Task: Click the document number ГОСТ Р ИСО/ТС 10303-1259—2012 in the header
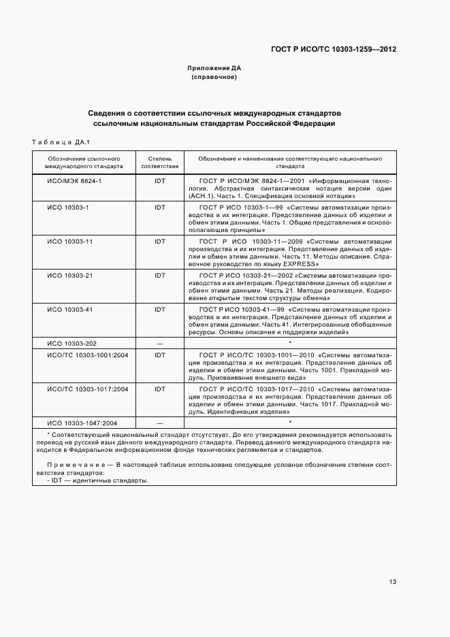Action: tap(333, 49)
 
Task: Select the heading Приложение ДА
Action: tap(214, 68)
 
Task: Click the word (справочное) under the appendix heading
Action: tap(214, 77)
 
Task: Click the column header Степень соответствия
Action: tap(160, 161)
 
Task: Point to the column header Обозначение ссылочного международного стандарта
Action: tap(84, 161)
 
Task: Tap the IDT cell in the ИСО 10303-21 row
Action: tap(160, 275)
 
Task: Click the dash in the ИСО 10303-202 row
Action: tap(160, 344)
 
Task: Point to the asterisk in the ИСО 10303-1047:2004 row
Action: tap(290, 422)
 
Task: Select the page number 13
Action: tap(393, 582)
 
